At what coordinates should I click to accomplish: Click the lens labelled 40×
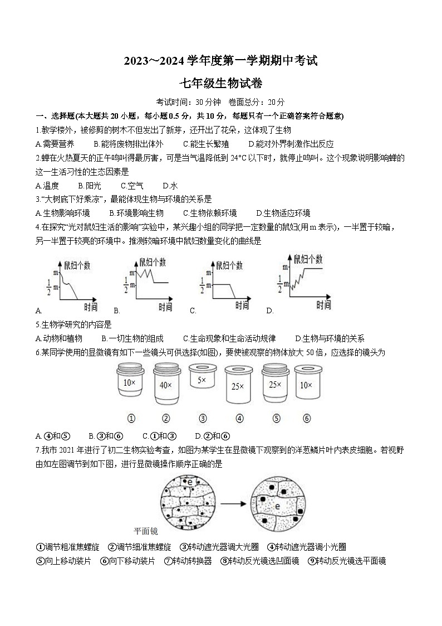point(165,384)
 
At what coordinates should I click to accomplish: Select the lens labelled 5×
point(202,380)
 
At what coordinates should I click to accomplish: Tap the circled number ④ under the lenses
point(239,419)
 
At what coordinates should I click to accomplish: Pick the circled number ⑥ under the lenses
point(307,419)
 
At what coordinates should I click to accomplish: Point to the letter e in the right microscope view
point(277,506)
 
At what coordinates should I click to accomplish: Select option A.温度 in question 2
point(47,186)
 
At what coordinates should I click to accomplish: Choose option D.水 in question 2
point(170,186)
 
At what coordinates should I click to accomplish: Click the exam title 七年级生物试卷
point(220,84)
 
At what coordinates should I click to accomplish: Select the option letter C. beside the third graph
point(193,311)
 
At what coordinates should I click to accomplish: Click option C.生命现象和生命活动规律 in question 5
point(229,338)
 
